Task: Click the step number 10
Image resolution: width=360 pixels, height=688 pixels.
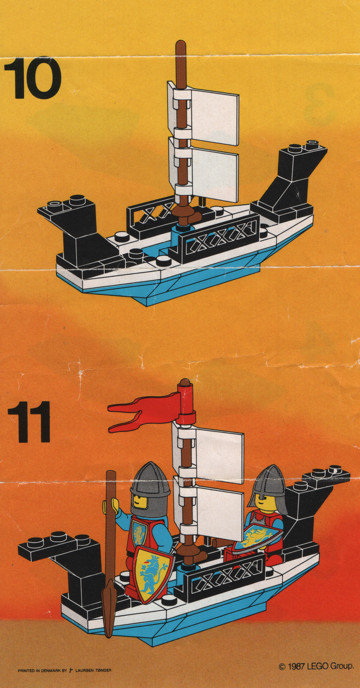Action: tap(32, 78)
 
